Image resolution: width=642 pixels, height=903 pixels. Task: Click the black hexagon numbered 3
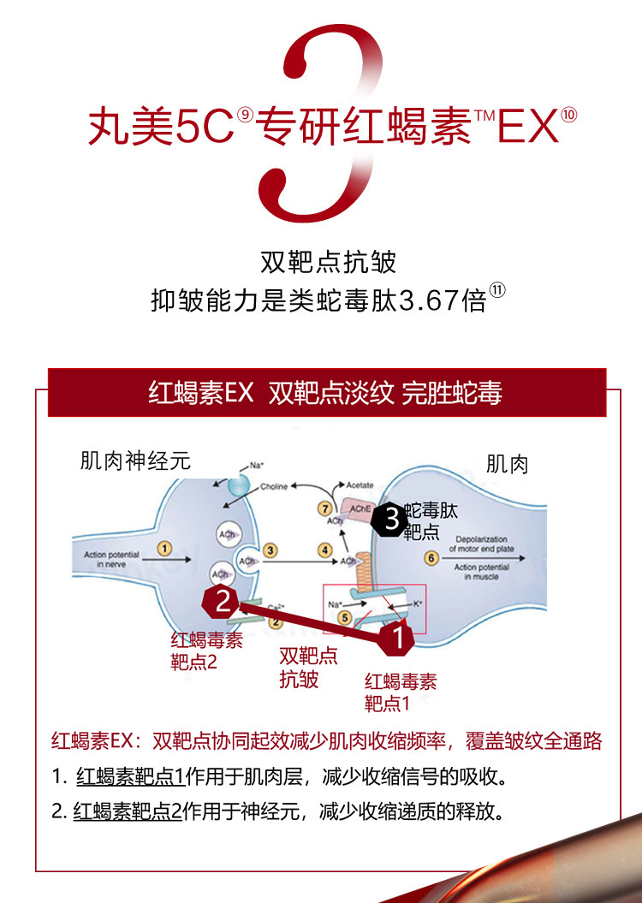click(390, 518)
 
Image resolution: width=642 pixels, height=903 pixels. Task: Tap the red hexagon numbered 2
click(222, 602)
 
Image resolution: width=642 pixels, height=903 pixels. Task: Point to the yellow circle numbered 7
click(324, 508)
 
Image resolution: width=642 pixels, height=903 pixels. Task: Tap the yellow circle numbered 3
click(270, 550)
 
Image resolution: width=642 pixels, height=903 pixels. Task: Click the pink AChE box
click(360, 508)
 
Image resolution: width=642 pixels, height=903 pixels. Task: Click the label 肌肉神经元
click(135, 461)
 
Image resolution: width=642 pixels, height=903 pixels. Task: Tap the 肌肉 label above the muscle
click(508, 465)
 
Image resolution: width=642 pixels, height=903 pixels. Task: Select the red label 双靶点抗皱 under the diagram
click(308, 668)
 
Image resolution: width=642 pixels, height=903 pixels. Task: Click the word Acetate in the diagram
click(360, 484)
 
